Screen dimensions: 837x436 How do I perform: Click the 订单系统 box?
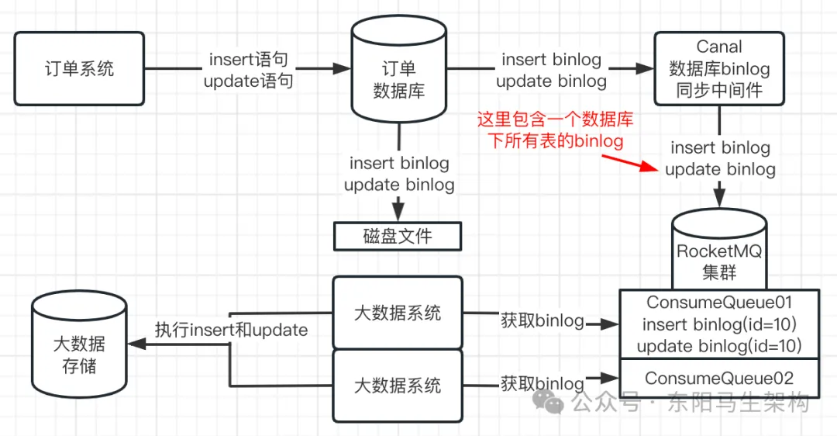(x=79, y=68)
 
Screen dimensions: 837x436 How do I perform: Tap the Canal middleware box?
(x=719, y=68)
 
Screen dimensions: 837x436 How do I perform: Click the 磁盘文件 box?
(x=398, y=236)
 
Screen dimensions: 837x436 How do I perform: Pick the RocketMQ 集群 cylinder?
(x=719, y=249)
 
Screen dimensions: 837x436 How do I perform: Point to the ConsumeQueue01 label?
(x=719, y=303)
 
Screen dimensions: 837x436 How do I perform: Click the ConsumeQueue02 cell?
(x=719, y=379)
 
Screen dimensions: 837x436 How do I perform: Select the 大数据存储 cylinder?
(x=79, y=344)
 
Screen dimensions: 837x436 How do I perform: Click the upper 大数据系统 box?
(x=398, y=313)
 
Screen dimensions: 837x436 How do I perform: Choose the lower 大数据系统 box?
(x=398, y=386)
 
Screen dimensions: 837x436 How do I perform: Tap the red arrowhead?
(x=650, y=167)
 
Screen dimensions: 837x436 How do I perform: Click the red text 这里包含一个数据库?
(x=555, y=119)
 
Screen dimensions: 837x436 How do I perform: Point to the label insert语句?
(x=248, y=59)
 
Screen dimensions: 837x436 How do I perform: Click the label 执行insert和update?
(x=231, y=330)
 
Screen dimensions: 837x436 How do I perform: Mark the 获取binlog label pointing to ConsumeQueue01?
(x=542, y=320)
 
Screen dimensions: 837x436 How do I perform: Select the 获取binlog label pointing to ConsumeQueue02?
(x=542, y=383)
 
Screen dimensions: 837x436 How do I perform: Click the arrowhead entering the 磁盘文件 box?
(x=398, y=210)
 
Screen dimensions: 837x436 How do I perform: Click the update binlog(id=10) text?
(x=719, y=346)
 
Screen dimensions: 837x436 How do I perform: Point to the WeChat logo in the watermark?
(x=548, y=401)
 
